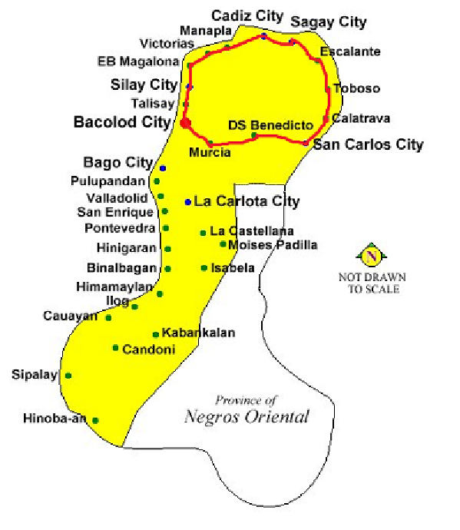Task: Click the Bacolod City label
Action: point(122,122)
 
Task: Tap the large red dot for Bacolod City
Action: point(185,123)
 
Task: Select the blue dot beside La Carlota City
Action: point(187,202)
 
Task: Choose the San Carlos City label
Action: point(369,144)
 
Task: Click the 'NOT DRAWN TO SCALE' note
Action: point(372,283)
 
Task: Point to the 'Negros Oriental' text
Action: point(247,417)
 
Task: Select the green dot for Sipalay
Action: point(68,376)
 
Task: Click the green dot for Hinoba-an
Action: point(96,420)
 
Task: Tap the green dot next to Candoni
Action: point(115,348)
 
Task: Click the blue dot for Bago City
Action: point(163,167)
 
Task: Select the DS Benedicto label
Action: point(270,124)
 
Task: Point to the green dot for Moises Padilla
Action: point(223,244)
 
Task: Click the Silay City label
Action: point(144,84)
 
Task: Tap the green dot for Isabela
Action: point(204,268)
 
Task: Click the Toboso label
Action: point(356,89)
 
